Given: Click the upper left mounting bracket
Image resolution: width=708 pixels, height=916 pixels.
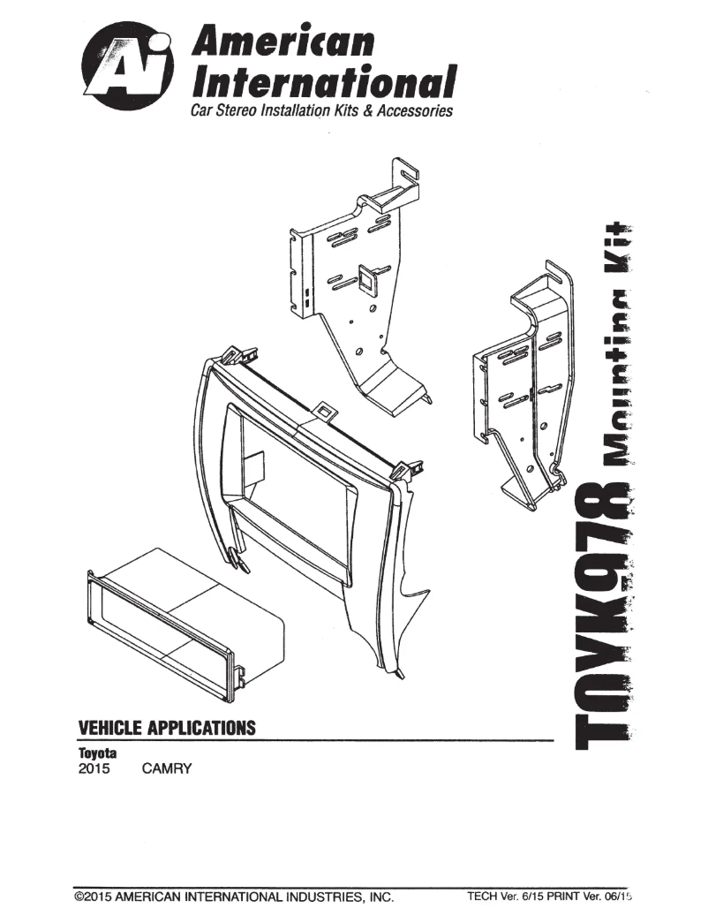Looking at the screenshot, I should pyautogui.click(x=358, y=283).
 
